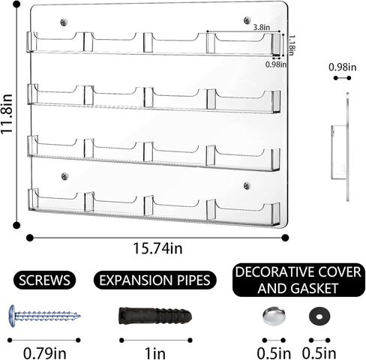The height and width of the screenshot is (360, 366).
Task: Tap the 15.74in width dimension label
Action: pos(157,248)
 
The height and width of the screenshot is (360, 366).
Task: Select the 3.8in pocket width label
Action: pos(262,27)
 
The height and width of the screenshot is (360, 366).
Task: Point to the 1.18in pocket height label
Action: pos(291,45)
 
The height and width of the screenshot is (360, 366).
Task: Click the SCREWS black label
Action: pos(44,280)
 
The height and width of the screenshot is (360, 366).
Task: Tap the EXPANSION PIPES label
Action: pos(154,280)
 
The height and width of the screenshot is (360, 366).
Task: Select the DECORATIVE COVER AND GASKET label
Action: pos(298,280)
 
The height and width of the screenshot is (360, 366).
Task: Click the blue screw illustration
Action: pos(44,316)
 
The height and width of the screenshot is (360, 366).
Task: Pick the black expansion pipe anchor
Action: pos(155,316)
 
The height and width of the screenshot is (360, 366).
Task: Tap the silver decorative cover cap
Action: pos(274,316)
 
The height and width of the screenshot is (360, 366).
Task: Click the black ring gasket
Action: pos(319,316)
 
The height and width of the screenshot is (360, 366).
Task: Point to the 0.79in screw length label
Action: pos(45,353)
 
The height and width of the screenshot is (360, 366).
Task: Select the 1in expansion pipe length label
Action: pos(155,353)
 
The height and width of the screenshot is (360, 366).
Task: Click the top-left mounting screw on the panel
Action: pos(64,22)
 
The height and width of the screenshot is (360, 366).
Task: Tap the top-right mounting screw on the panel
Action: pos(247,20)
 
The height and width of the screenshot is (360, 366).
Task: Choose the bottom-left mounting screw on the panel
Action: pos(65,176)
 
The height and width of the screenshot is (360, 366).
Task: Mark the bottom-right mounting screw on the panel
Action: pos(247,185)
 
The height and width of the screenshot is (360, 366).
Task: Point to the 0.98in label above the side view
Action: pos(342,67)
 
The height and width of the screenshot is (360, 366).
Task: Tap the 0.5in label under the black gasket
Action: pos(319,353)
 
